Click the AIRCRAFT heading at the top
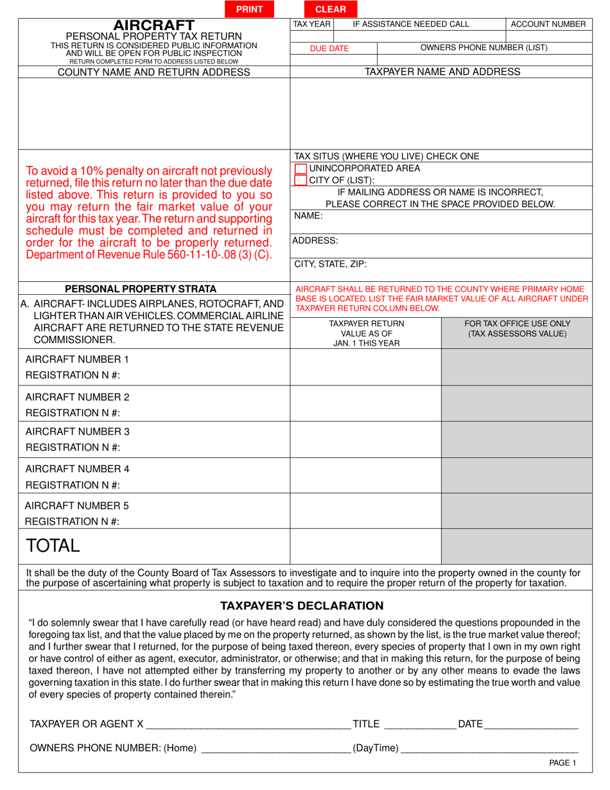tap(154, 25)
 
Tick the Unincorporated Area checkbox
tap(301, 168)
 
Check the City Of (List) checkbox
tap(301, 180)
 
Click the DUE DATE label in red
tap(329, 48)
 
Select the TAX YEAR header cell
tap(311, 24)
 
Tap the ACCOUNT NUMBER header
tap(548, 24)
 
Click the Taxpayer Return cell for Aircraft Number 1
tap(365, 367)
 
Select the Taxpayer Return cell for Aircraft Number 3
tap(365, 440)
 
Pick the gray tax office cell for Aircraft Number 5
tap(517, 513)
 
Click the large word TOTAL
tap(53, 546)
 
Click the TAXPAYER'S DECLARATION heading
tap(302, 606)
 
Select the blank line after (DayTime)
tap(489, 750)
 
